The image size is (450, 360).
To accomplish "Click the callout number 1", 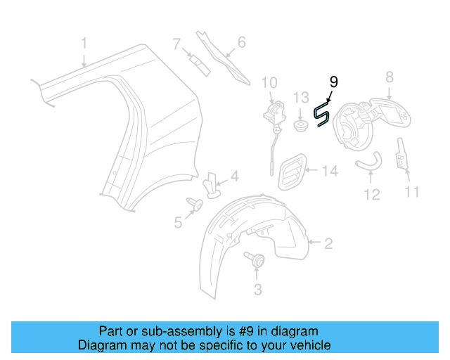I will point(84,44).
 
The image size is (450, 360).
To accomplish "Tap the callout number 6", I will point(241,42).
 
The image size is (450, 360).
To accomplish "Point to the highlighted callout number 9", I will point(333,82).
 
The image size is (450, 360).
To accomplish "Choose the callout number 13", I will point(301,97).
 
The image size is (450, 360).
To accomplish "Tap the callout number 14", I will point(330,171).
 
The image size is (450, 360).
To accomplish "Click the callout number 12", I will point(371,194).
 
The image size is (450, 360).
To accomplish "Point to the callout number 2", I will point(328,244).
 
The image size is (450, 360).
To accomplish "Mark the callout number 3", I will point(257,290).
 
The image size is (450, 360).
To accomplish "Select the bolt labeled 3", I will point(256,260).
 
